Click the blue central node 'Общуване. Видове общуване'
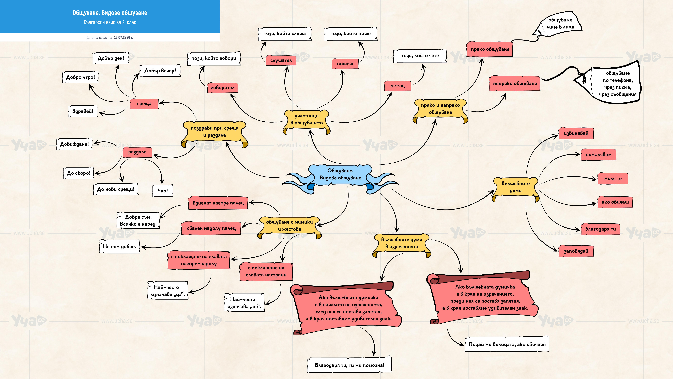[340, 174]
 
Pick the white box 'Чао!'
[163, 191]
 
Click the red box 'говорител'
[223, 88]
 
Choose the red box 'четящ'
[398, 86]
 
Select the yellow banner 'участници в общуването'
[307, 120]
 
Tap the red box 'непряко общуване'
[515, 83]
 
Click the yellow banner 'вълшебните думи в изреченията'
[402, 243]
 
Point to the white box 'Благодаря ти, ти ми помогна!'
[350, 365]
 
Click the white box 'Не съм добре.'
[119, 246]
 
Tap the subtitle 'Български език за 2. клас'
[110, 22]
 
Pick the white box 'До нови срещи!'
[116, 189]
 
